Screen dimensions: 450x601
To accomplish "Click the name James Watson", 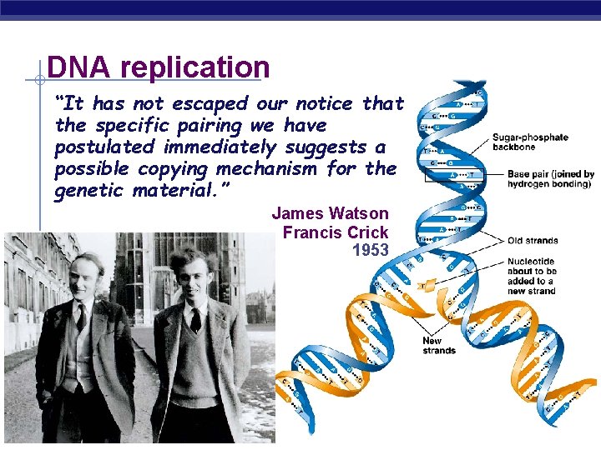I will (330, 213).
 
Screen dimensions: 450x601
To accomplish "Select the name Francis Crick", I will (336, 232).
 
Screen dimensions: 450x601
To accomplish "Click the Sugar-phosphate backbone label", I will (530, 142).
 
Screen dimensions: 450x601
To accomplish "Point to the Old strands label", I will (533, 241).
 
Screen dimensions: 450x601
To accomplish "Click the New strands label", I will (439, 346).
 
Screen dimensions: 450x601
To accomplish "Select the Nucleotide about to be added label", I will (532, 276).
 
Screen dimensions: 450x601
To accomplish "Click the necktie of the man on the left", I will (81, 316).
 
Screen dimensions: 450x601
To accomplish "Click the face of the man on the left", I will (87, 276).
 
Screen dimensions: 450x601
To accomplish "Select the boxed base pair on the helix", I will (454, 176).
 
